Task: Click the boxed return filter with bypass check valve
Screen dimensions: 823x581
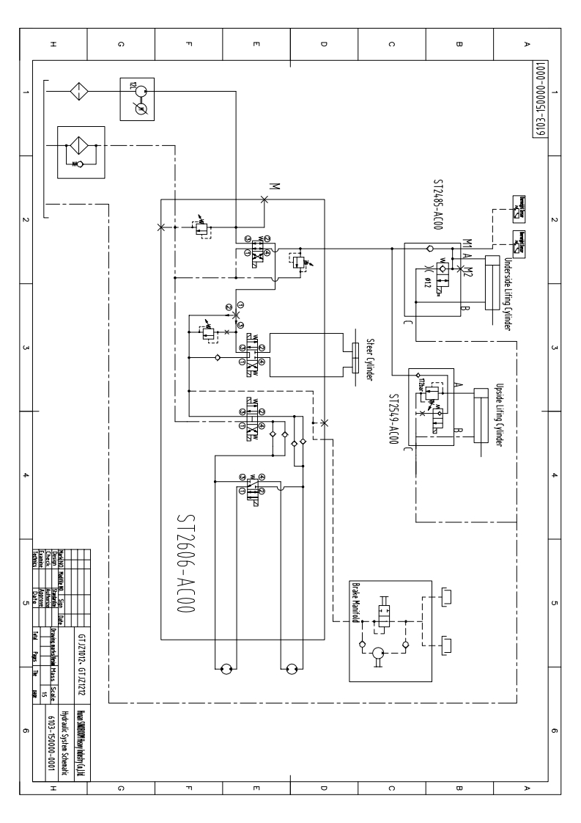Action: point(81,152)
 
